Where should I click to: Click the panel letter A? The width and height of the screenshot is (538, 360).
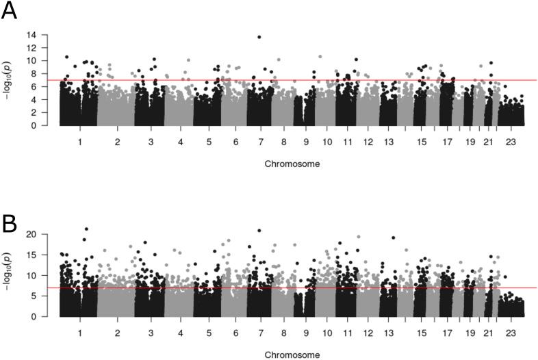(9, 12)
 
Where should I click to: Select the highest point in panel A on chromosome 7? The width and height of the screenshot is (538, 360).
(259, 37)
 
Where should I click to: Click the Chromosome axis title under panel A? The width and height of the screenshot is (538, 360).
(292, 164)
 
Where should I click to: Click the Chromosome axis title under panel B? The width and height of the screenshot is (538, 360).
(292, 355)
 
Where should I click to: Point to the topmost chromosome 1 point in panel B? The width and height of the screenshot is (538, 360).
(86, 229)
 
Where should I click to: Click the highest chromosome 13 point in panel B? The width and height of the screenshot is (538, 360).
(394, 237)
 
